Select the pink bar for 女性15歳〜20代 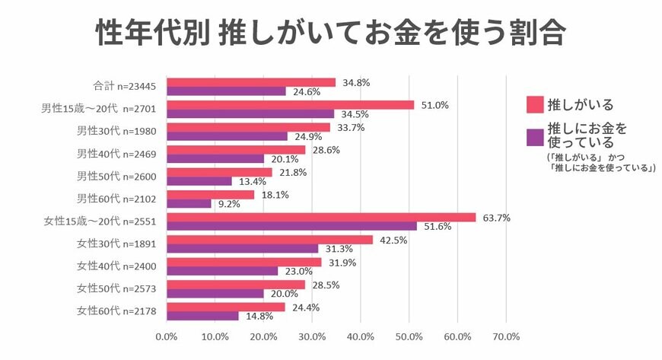pos(320,218)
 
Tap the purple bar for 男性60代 pos(189,204)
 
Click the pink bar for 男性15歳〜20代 pos(290,105)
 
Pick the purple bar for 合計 pos(226,91)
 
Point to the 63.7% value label pos(495,218)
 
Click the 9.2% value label pos(228,204)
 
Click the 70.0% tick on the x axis pos(506,336)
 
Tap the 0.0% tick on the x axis pos(166,336)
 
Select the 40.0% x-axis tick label pos(361,336)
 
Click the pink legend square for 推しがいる pos(535,104)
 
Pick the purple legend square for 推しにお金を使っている pos(535,136)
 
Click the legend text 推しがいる pos(581,104)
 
